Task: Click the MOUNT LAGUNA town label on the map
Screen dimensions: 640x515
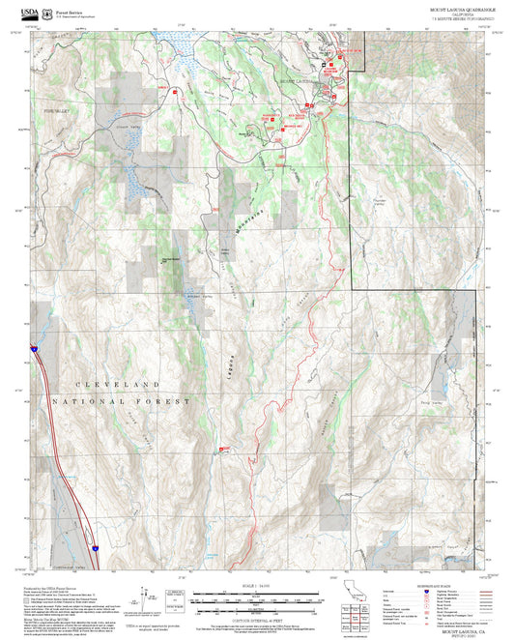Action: tap(298, 81)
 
